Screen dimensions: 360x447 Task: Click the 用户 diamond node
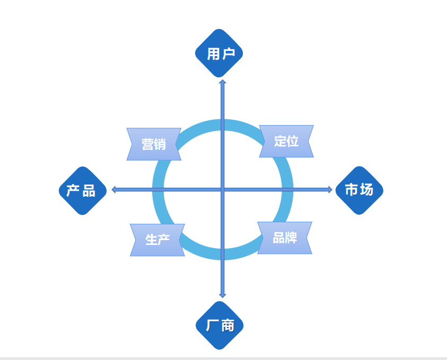219,53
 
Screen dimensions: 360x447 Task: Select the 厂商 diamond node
220,325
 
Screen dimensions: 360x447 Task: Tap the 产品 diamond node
82,190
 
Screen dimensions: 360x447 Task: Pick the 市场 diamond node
359,190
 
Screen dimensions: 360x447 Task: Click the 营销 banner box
154,144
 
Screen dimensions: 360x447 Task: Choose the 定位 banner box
286,141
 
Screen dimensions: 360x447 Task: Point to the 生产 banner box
157,240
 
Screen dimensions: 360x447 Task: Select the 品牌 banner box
285,238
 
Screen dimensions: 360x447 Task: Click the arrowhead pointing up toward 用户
223,82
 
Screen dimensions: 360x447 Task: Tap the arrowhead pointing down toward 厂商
223,295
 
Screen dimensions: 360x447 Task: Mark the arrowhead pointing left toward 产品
114,189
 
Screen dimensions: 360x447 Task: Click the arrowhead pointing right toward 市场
330,189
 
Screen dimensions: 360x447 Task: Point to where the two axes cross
223,189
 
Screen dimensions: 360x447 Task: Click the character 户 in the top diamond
228,54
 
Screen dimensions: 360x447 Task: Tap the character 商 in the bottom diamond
227,326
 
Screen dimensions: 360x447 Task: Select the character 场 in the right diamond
366,190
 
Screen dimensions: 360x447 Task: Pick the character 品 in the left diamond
89,191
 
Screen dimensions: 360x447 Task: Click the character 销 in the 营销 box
160,144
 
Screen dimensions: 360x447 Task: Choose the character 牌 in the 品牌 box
291,238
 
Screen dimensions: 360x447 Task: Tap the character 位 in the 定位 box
293,141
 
